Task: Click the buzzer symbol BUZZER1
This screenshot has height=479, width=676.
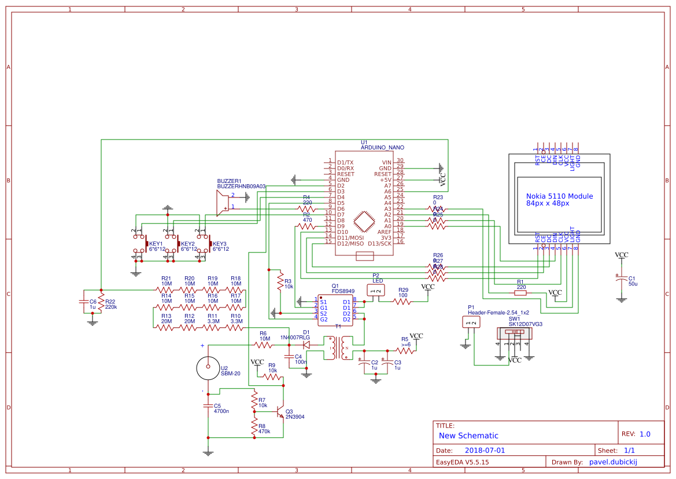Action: coord(222,202)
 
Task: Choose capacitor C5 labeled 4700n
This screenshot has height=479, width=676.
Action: coord(208,406)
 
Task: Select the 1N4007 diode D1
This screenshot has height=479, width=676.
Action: coord(306,345)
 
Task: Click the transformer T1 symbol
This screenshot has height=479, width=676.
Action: coord(339,349)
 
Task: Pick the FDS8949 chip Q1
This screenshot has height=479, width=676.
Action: coord(335,311)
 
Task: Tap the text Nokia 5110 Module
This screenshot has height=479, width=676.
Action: coord(559,196)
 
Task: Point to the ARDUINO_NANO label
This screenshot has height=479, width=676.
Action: coord(382,148)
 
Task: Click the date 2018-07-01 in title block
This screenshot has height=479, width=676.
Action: coord(485,450)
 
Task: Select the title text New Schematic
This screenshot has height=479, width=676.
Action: coord(468,436)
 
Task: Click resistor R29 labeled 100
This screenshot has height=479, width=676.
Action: coord(402,301)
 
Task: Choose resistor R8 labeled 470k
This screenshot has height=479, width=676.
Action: coord(254,426)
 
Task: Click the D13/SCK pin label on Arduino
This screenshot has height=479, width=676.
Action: coord(379,243)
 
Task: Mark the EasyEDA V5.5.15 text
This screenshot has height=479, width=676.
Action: coord(463,462)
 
